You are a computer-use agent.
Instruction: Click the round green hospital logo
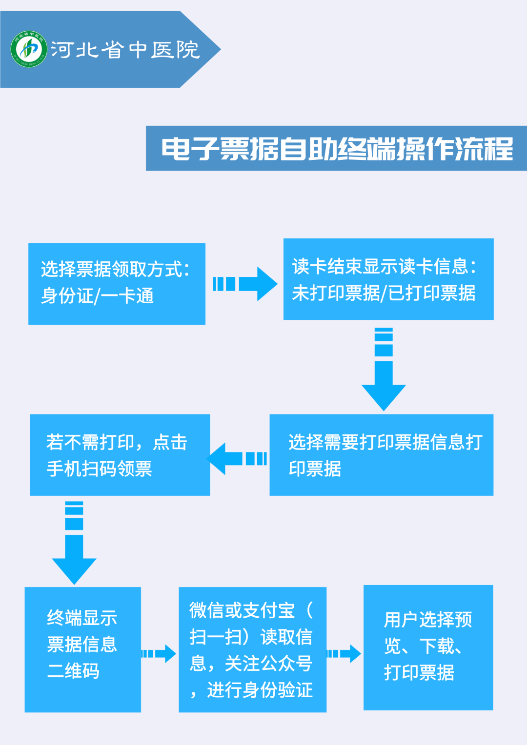pos(29,49)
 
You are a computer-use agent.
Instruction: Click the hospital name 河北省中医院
pos(125,50)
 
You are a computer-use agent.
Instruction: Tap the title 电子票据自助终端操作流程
pos(337,149)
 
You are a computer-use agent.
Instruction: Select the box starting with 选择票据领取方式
pos(117,284)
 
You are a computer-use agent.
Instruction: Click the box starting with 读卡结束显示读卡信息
pos(388,279)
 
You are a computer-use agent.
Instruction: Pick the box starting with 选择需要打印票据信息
pos(382,454)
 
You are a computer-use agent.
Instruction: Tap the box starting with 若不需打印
pos(120,454)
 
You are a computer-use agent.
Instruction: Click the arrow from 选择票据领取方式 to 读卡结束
pos(245,284)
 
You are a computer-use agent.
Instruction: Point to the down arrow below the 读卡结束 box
pos(384,369)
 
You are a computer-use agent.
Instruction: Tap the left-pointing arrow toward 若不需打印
pos(237,459)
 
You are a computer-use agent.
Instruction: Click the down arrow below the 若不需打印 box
pos(74,543)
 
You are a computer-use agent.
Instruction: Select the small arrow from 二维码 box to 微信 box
pos(159,654)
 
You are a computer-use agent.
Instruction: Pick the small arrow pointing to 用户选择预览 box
pos(344,654)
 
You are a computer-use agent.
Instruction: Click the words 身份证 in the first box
pos(67,295)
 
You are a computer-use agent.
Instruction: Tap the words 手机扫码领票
pos(99,469)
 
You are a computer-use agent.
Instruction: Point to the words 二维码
pos(73,670)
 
